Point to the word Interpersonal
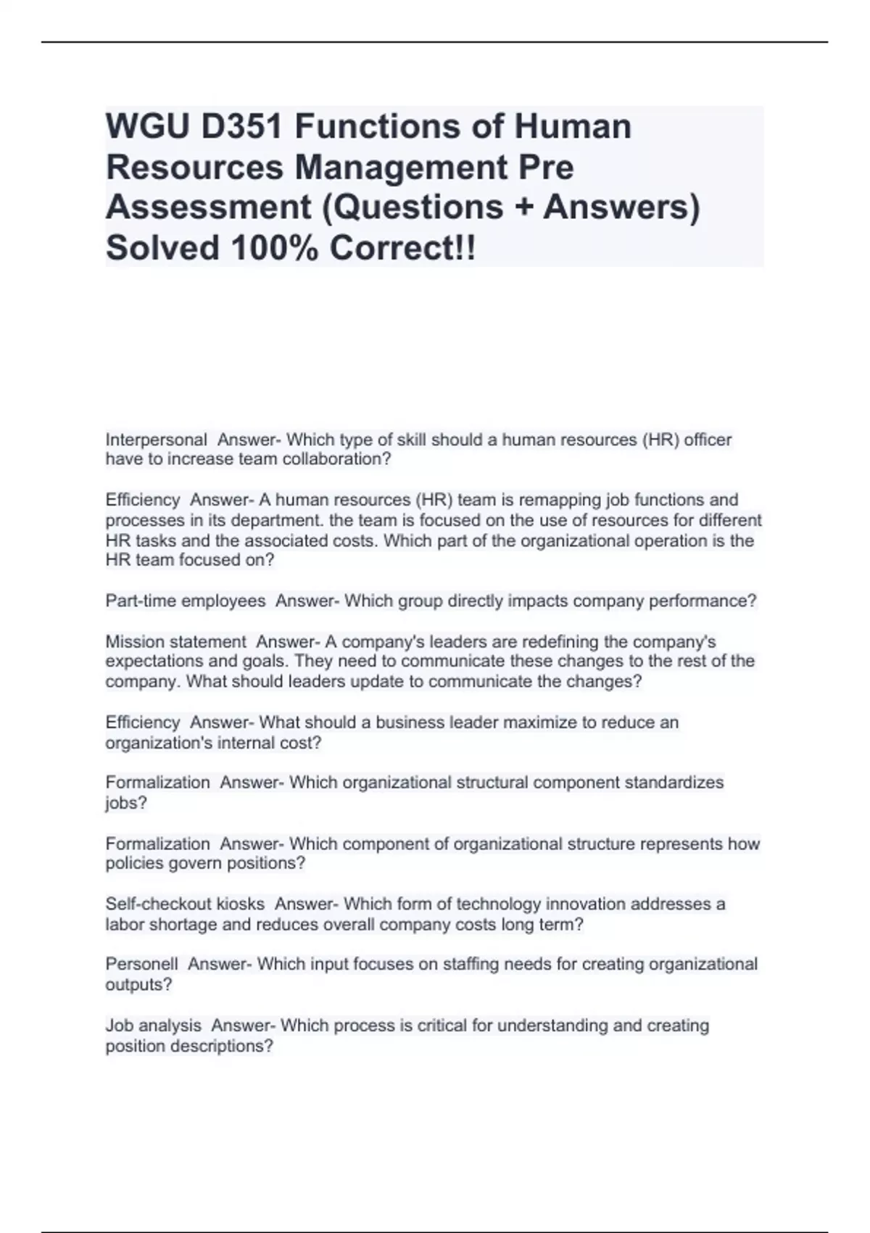coord(156,440)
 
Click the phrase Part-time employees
coord(186,601)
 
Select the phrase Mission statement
coord(176,642)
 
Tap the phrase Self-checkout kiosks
coord(185,904)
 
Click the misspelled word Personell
coord(141,965)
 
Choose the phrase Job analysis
coord(153,1026)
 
